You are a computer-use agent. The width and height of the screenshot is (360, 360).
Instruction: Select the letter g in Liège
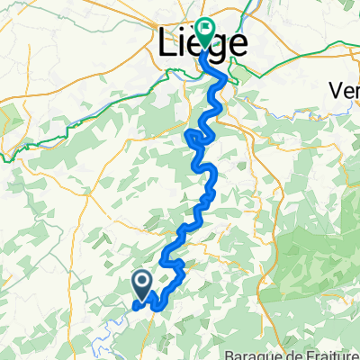pos(219,44)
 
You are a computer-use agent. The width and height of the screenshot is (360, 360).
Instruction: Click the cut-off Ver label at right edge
pos(346,91)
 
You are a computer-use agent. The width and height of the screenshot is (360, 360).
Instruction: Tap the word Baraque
pos(248,354)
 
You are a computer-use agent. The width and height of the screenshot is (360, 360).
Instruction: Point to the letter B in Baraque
pos(230,354)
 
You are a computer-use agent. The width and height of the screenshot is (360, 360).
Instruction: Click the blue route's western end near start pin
pos(135,306)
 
